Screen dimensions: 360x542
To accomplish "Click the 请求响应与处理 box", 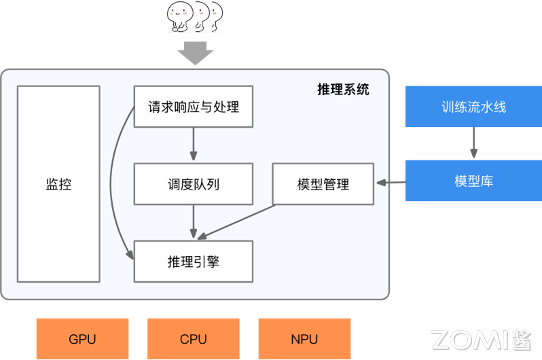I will [194, 107].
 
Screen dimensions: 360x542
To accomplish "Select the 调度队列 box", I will [194, 184].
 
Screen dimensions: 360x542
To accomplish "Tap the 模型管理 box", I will [323, 184].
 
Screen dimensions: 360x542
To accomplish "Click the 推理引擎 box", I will [194, 262].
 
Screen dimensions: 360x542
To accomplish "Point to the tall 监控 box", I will [58, 184].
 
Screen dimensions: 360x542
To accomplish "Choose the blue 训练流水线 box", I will [473, 107].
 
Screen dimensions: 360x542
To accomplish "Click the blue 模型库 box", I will [473, 181].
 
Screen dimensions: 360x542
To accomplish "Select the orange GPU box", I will [82, 338].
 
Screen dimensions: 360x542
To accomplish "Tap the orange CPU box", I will [194, 338].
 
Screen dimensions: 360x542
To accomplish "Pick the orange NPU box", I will [304, 338].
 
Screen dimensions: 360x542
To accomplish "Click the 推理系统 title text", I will [344, 89].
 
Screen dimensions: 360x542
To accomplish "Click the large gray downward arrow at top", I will [195, 52].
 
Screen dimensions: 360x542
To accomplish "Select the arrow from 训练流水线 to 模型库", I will [473, 143].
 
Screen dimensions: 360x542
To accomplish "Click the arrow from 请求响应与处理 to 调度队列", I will [194, 145].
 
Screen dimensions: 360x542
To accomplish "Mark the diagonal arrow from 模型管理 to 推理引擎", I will [238, 221].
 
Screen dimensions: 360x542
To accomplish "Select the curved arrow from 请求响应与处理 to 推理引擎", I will [115, 183].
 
